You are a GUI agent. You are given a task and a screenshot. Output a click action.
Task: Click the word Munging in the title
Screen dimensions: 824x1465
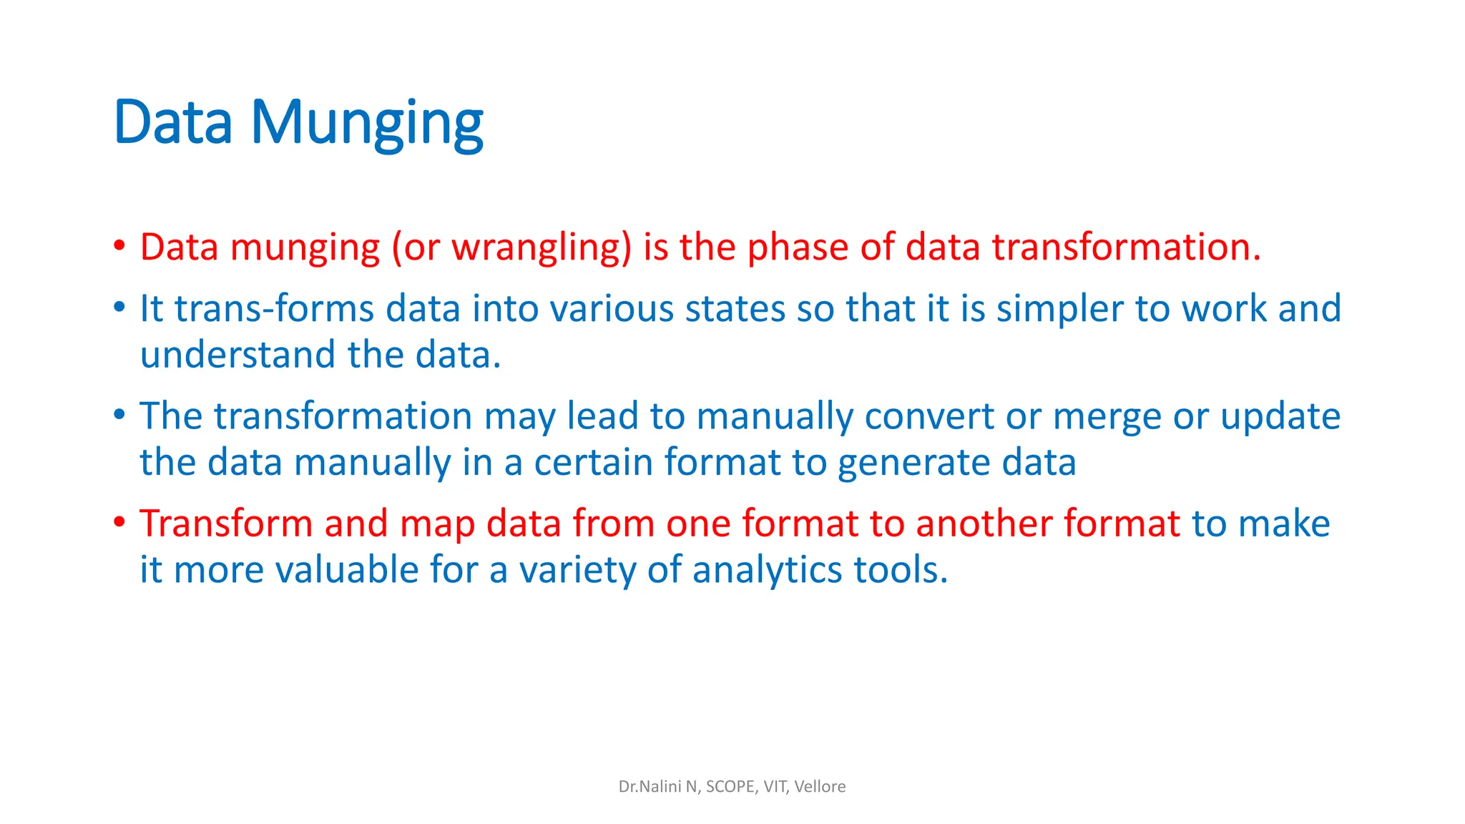[x=366, y=123]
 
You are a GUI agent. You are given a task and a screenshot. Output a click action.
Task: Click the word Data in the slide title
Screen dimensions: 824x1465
[x=173, y=123]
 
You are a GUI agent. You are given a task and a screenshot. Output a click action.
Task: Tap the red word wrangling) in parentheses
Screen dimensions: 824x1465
[x=542, y=247]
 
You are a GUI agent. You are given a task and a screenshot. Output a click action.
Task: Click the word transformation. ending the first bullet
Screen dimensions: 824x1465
[x=1126, y=247]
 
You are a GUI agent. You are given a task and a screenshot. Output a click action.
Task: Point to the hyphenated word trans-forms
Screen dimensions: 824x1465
[x=274, y=309]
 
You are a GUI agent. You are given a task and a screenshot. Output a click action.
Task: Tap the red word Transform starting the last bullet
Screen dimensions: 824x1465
[x=226, y=524]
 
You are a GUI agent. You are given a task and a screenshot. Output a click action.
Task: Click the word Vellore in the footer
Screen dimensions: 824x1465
[x=820, y=787]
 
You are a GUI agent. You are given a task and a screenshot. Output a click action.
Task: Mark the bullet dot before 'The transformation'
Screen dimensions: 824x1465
[x=119, y=414]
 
